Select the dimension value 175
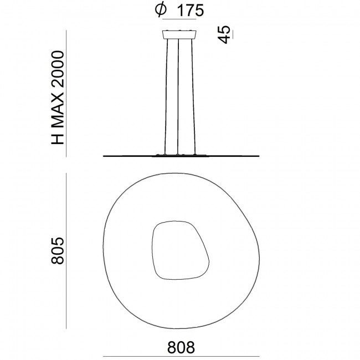pos(188,10)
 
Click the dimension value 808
pos(181,348)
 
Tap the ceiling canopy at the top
pos(180,35)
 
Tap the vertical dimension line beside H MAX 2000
pos(67,94)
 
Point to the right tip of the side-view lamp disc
pos(260,156)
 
